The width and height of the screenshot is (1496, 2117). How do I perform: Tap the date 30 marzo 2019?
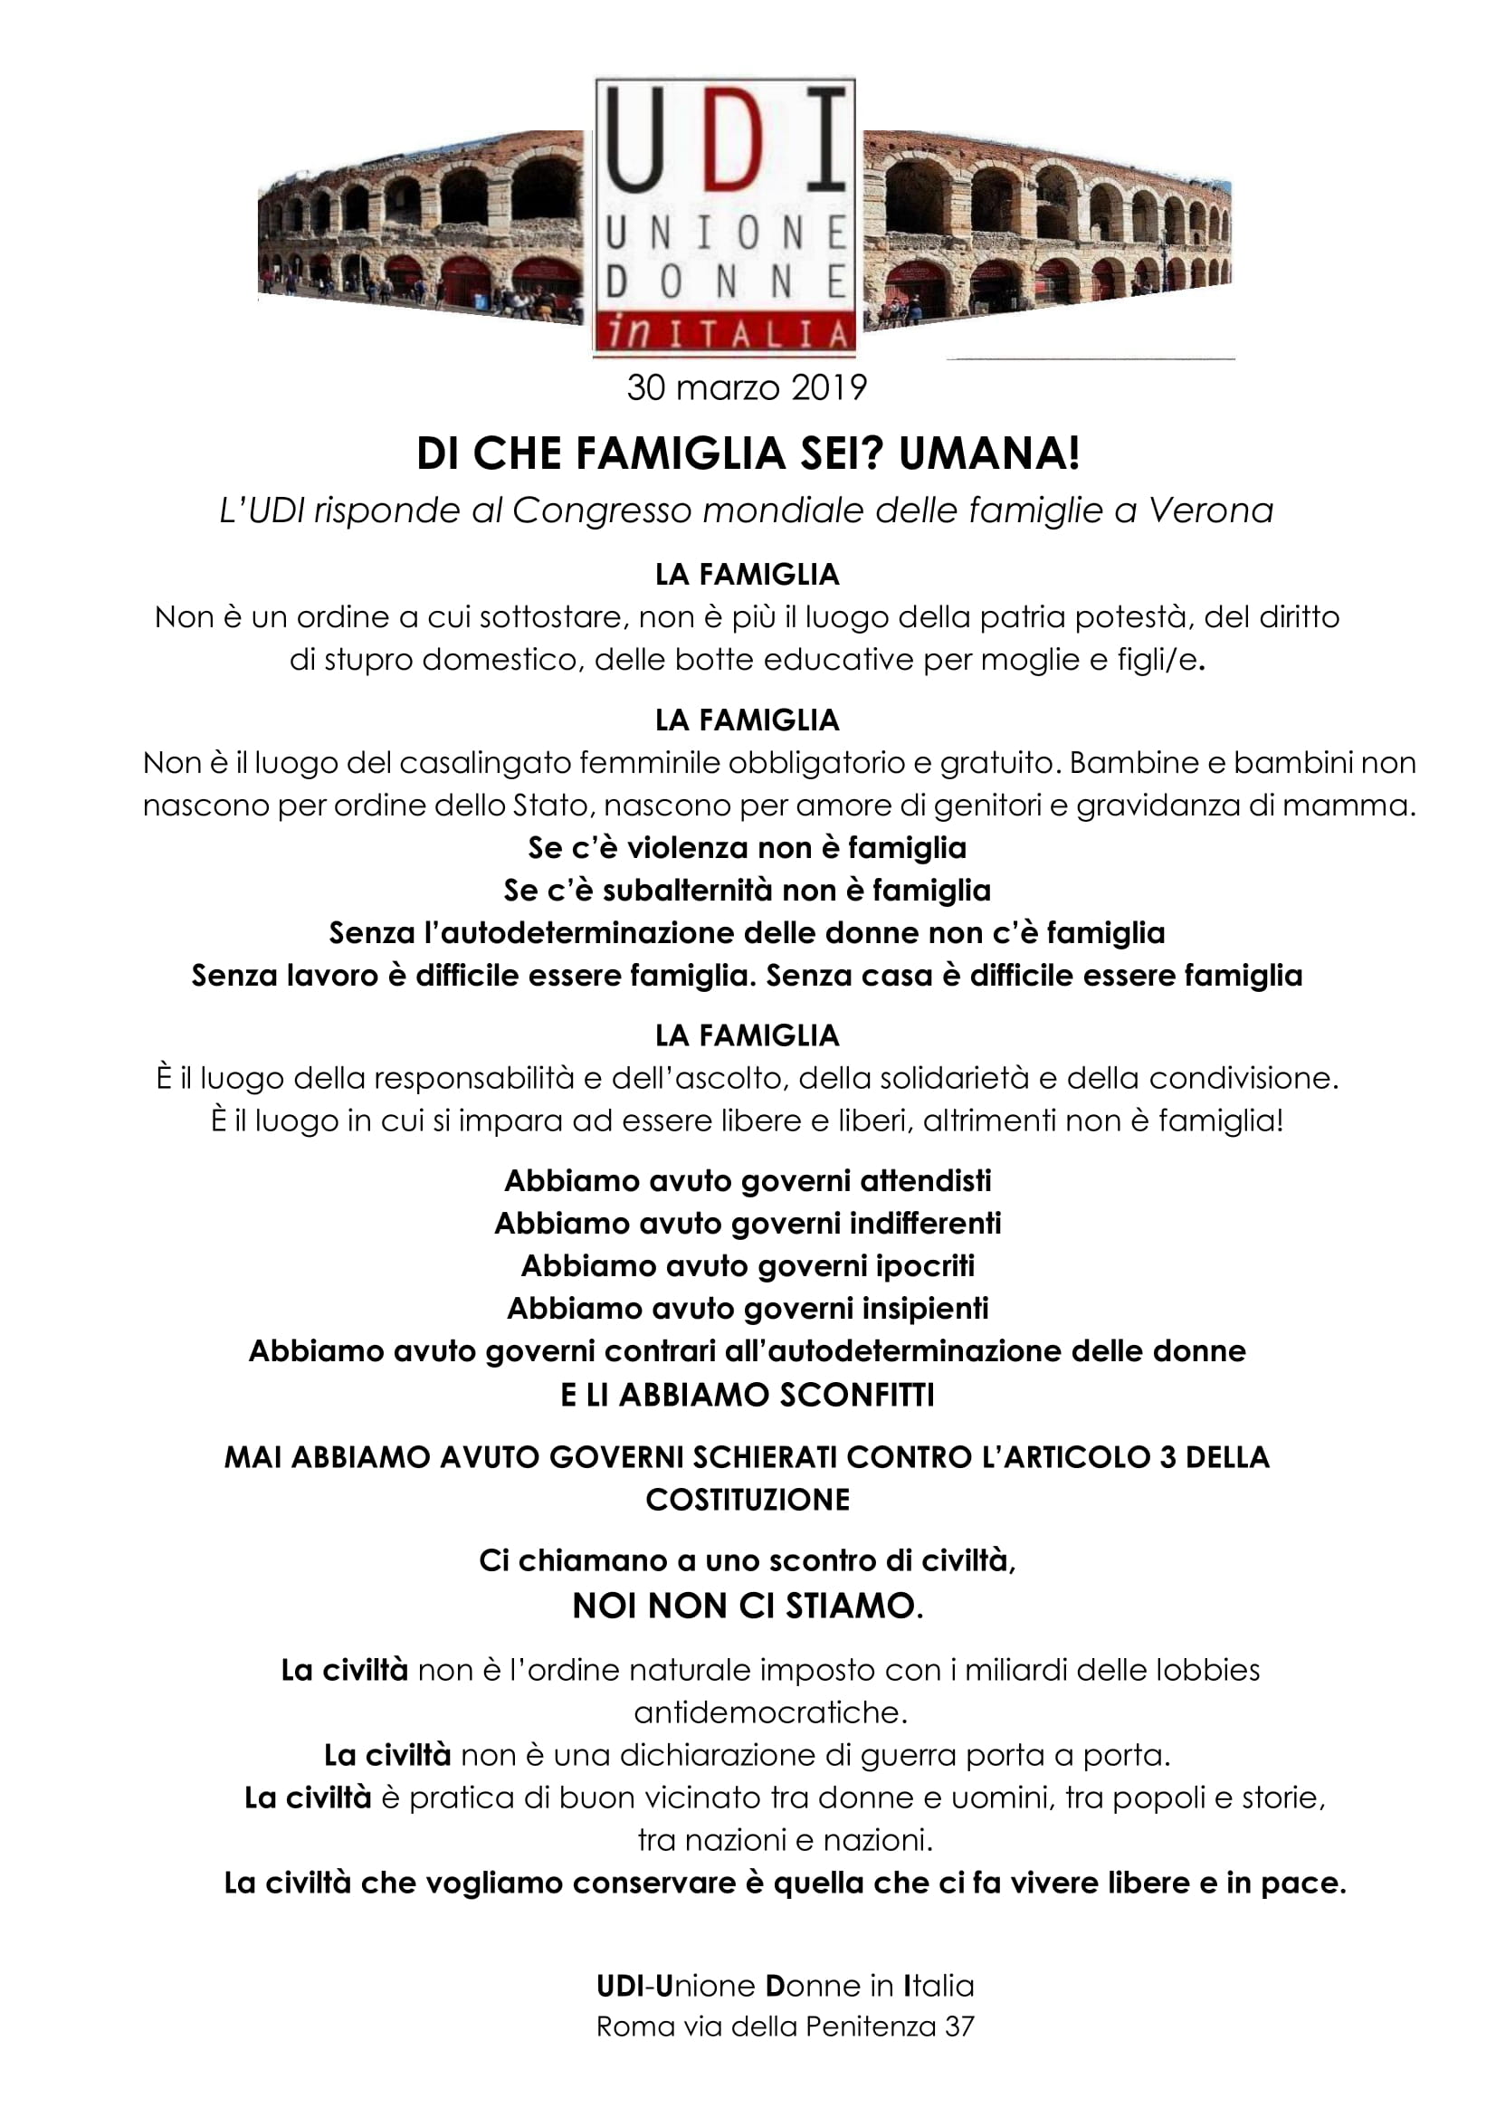(747, 388)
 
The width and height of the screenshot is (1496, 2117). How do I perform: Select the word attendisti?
(925, 1180)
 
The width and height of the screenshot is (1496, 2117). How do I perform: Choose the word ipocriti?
(925, 1265)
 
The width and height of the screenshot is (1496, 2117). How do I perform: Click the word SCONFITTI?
(856, 1395)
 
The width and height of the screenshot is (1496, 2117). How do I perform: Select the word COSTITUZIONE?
(748, 1499)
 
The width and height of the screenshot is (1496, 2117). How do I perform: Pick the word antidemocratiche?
(770, 1712)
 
